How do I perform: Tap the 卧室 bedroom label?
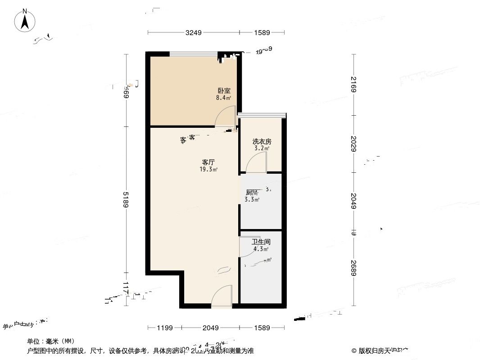tap(223, 90)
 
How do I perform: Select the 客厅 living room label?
tap(208, 162)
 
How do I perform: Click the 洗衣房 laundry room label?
tap(262, 141)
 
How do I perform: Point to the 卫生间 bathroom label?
tap(261, 242)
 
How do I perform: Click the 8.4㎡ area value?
tap(223, 98)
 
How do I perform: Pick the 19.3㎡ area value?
tap(208, 170)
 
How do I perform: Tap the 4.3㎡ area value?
tap(261, 249)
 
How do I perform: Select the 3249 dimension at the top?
tap(194, 32)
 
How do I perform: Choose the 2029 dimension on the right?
tap(354, 144)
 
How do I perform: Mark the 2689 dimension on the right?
tap(354, 268)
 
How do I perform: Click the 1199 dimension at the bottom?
tap(164, 328)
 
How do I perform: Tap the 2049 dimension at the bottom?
tap(210, 328)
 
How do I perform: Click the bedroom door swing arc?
tap(225, 116)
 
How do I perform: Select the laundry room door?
tap(257, 162)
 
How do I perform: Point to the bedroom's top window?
tap(193, 54)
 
